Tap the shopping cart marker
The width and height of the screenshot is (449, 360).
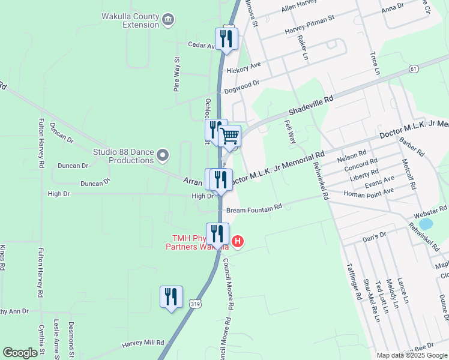click(x=230, y=136)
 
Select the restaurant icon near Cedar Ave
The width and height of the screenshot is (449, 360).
click(x=227, y=39)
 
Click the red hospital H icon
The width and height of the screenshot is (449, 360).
click(x=238, y=242)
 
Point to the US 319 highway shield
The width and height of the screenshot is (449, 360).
click(x=194, y=305)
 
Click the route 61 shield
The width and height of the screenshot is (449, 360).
click(x=414, y=70)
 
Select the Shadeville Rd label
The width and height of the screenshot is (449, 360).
click(x=310, y=107)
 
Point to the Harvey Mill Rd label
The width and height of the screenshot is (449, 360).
click(x=143, y=343)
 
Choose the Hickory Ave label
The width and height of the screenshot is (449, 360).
click(x=244, y=70)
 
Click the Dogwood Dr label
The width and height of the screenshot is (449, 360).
click(x=241, y=88)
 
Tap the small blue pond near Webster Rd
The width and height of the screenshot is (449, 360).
click(x=426, y=224)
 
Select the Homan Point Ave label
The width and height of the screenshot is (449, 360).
click(x=369, y=191)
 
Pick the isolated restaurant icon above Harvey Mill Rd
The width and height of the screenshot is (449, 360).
click(x=171, y=298)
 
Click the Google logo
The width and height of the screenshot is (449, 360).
click(x=20, y=353)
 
